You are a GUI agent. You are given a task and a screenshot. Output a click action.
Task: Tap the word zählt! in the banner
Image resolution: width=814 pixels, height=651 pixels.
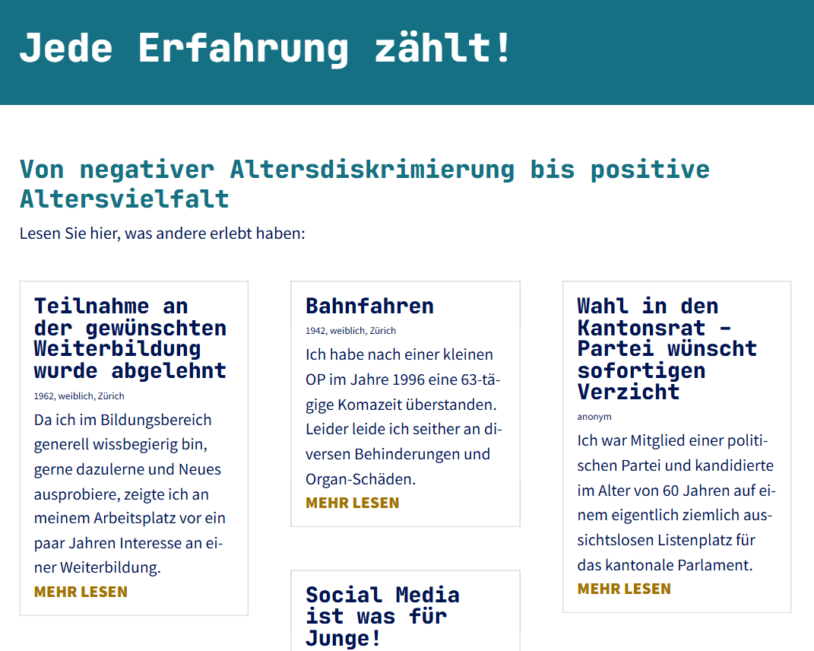[443, 48]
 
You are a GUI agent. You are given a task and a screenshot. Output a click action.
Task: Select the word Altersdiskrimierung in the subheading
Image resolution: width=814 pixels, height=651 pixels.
[372, 170]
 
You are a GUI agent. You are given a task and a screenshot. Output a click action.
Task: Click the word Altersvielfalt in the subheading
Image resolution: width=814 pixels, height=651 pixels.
[125, 199]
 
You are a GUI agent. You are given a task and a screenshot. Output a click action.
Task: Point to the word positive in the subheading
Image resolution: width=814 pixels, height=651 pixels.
[650, 170]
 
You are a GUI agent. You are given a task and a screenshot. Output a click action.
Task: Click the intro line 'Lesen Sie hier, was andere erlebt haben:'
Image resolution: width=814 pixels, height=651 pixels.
[163, 233]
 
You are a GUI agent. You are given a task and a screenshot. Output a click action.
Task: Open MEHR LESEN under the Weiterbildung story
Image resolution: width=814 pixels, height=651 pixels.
[81, 592]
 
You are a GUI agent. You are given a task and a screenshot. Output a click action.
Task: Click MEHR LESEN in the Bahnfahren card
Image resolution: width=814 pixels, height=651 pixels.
[353, 503]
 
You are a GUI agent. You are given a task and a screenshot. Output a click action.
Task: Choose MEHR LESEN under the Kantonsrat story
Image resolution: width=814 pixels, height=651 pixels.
[624, 589]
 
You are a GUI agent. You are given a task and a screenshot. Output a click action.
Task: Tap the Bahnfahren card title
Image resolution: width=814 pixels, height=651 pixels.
[369, 306]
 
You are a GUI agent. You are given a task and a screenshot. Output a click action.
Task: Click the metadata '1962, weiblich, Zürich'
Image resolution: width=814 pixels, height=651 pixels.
[79, 396]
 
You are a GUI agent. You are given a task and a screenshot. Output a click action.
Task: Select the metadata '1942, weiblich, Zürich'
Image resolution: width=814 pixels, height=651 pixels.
[350, 330]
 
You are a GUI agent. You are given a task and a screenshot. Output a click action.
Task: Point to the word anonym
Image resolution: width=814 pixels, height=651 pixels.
[594, 417]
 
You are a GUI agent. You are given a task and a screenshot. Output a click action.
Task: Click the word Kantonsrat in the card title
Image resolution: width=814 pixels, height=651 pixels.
[641, 328]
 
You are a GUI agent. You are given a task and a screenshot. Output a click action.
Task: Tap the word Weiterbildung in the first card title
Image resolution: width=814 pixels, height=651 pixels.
[117, 349]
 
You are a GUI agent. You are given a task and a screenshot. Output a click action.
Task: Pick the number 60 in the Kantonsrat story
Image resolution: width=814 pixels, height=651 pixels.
[672, 491]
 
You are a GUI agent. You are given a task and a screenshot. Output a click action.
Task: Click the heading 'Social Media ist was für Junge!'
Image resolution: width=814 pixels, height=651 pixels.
[382, 616]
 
